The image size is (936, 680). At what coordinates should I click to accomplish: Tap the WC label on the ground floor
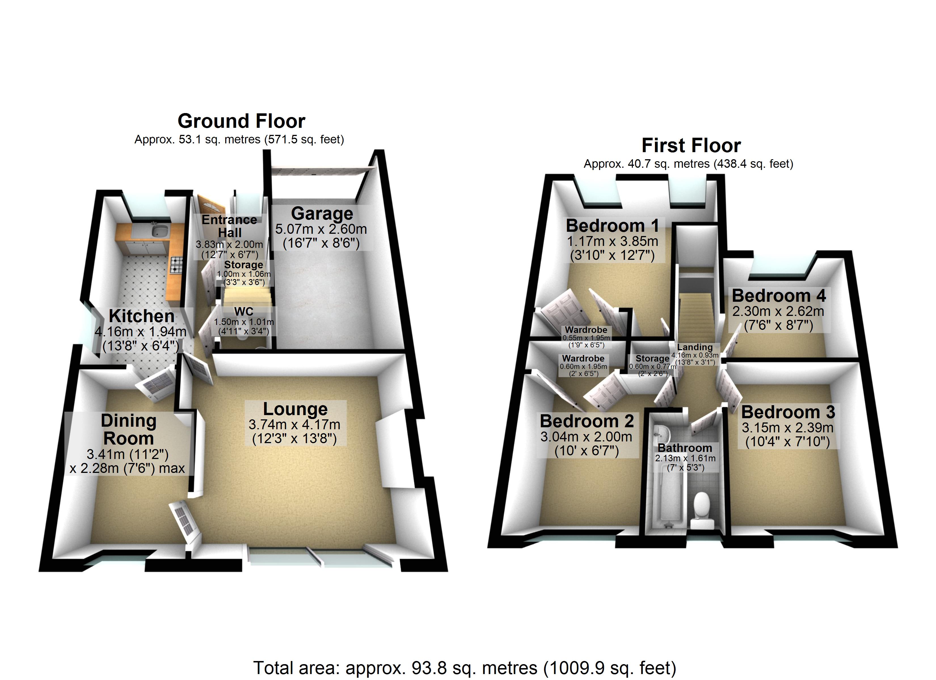(243, 312)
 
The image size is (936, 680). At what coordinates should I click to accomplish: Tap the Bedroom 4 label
(778, 296)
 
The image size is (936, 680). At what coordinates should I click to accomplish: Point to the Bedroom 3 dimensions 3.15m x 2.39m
(787, 428)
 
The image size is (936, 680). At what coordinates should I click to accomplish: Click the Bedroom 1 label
(612, 226)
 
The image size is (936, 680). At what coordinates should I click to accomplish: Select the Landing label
(695, 347)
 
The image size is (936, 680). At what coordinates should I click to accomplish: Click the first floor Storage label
(652, 358)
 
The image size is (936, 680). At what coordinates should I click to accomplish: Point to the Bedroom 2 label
(587, 421)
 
